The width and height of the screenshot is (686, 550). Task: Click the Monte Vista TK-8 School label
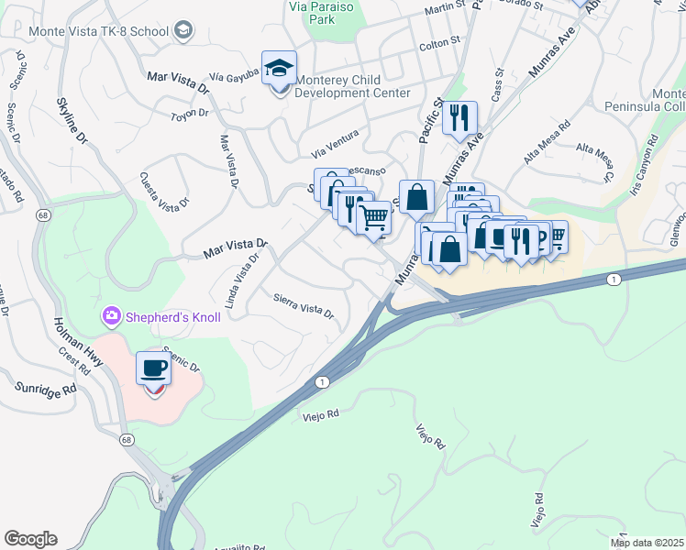tap(99, 32)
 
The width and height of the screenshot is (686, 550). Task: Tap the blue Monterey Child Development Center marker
tap(279, 68)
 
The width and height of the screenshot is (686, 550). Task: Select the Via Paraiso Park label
tap(321, 12)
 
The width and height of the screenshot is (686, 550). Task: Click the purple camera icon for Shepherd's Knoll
tap(111, 316)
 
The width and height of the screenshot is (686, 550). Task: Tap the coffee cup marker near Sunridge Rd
tap(153, 369)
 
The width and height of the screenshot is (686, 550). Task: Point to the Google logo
tap(30, 539)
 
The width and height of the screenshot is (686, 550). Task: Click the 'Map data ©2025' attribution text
tap(647, 543)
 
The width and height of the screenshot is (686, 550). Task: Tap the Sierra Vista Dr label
tap(304, 305)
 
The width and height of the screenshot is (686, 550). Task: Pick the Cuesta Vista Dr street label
tap(164, 190)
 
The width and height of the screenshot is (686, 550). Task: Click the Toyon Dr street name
tap(191, 115)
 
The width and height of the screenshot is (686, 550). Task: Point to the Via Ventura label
tap(335, 143)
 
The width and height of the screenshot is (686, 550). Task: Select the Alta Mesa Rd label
tap(547, 143)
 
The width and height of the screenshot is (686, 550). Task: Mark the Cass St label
tap(499, 84)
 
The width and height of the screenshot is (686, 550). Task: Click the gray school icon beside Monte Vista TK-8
tap(183, 32)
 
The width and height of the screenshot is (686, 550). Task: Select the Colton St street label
tap(438, 43)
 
